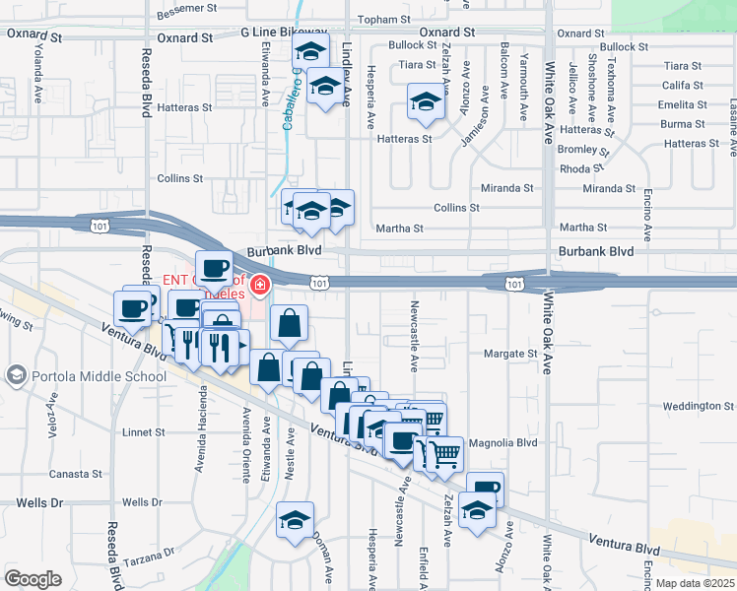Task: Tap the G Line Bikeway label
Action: coord(284,33)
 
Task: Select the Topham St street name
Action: coord(383,20)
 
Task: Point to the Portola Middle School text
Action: coord(98,375)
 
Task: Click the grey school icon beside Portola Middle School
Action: coord(15,375)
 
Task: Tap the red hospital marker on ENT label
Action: coord(260,286)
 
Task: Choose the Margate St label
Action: coord(510,354)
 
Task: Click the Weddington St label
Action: coord(699,406)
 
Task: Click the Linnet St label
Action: coord(144,432)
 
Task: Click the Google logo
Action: coord(33,578)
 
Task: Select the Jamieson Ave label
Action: coord(478,125)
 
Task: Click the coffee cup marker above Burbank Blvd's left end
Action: coord(214,268)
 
